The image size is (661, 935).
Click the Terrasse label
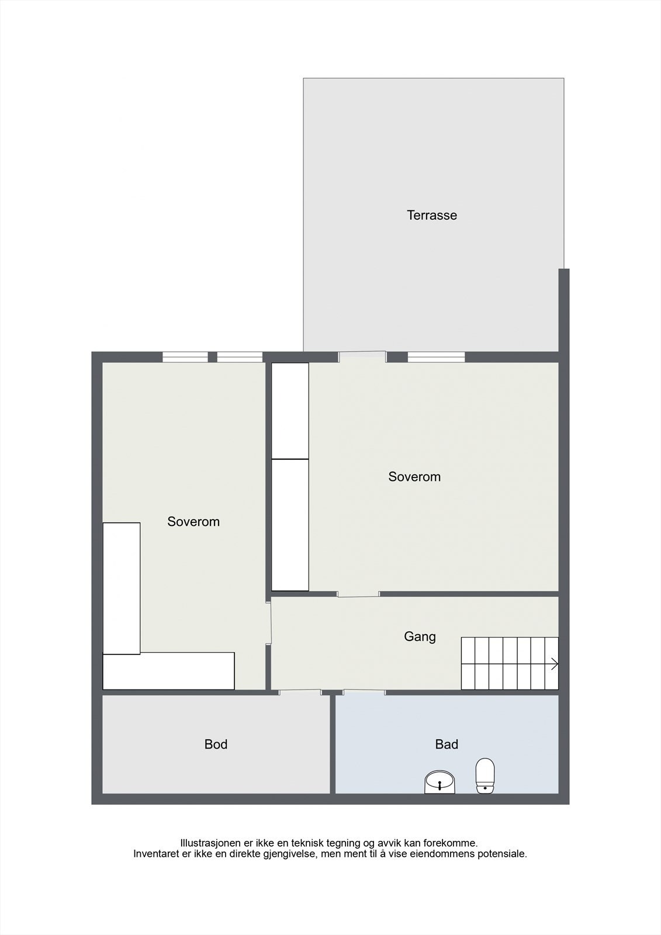point(432,215)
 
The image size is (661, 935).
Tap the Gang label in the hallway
point(420,636)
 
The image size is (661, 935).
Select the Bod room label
point(216,744)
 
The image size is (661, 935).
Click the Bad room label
point(447,744)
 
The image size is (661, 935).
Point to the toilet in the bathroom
point(485,776)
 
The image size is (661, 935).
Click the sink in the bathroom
point(439,782)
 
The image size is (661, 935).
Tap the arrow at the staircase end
point(554,664)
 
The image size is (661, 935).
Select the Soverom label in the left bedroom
point(193,522)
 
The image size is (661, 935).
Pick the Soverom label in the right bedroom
point(414,477)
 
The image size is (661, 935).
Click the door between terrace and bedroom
point(362,356)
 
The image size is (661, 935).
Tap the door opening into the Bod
point(300,692)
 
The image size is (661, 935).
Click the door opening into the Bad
point(364,692)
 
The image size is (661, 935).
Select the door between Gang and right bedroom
point(358,594)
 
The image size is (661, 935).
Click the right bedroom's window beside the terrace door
point(436,356)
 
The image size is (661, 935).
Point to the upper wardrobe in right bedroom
point(290,411)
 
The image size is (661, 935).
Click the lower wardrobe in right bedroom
point(290,525)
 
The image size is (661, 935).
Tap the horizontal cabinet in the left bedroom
point(169,671)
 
